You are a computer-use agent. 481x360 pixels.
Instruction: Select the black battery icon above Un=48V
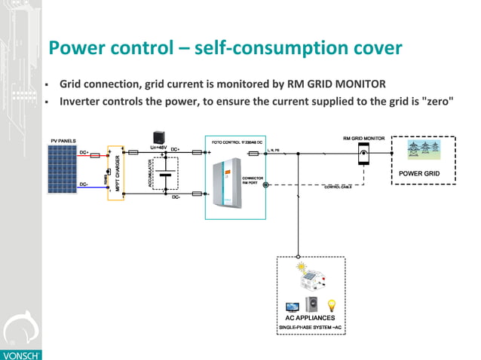click(x=159, y=138)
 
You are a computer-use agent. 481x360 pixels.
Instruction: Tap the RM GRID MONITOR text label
click(x=364, y=139)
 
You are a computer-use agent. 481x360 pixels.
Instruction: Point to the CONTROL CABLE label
click(x=338, y=188)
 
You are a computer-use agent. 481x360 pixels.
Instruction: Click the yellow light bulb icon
click(x=330, y=304)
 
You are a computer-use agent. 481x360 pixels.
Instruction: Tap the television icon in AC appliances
click(x=292, y=307)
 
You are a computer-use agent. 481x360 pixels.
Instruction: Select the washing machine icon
click(x=311, y=305)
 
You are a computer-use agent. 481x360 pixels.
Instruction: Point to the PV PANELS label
click(x=63, y=141)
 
